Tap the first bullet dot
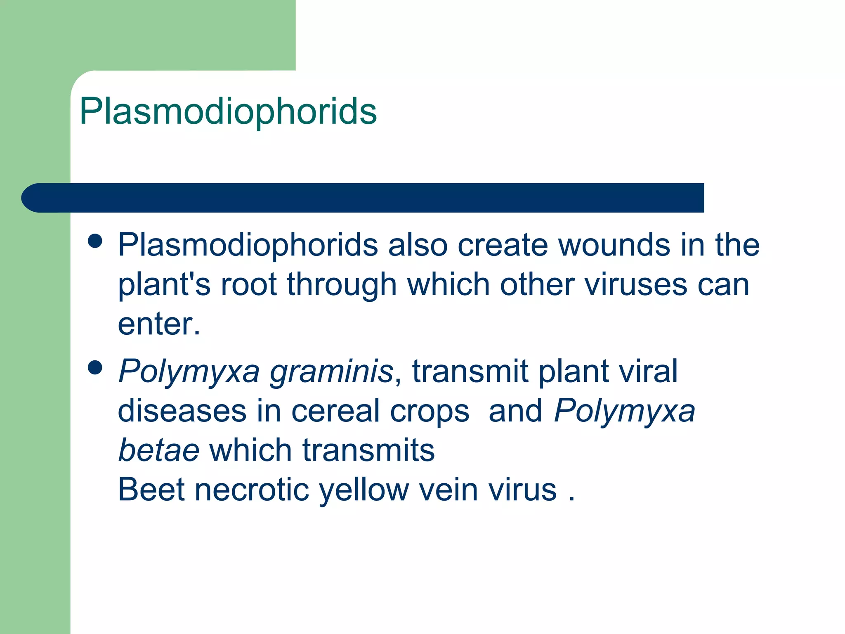(x=95, y=241)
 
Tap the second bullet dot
(x=95, y=367)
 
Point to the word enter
(x=158, y=324)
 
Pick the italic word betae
(x=159, y=450)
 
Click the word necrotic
(x=252, y=490)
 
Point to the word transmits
(x=368, y=450)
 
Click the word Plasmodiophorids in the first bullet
(x=248, y=245)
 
